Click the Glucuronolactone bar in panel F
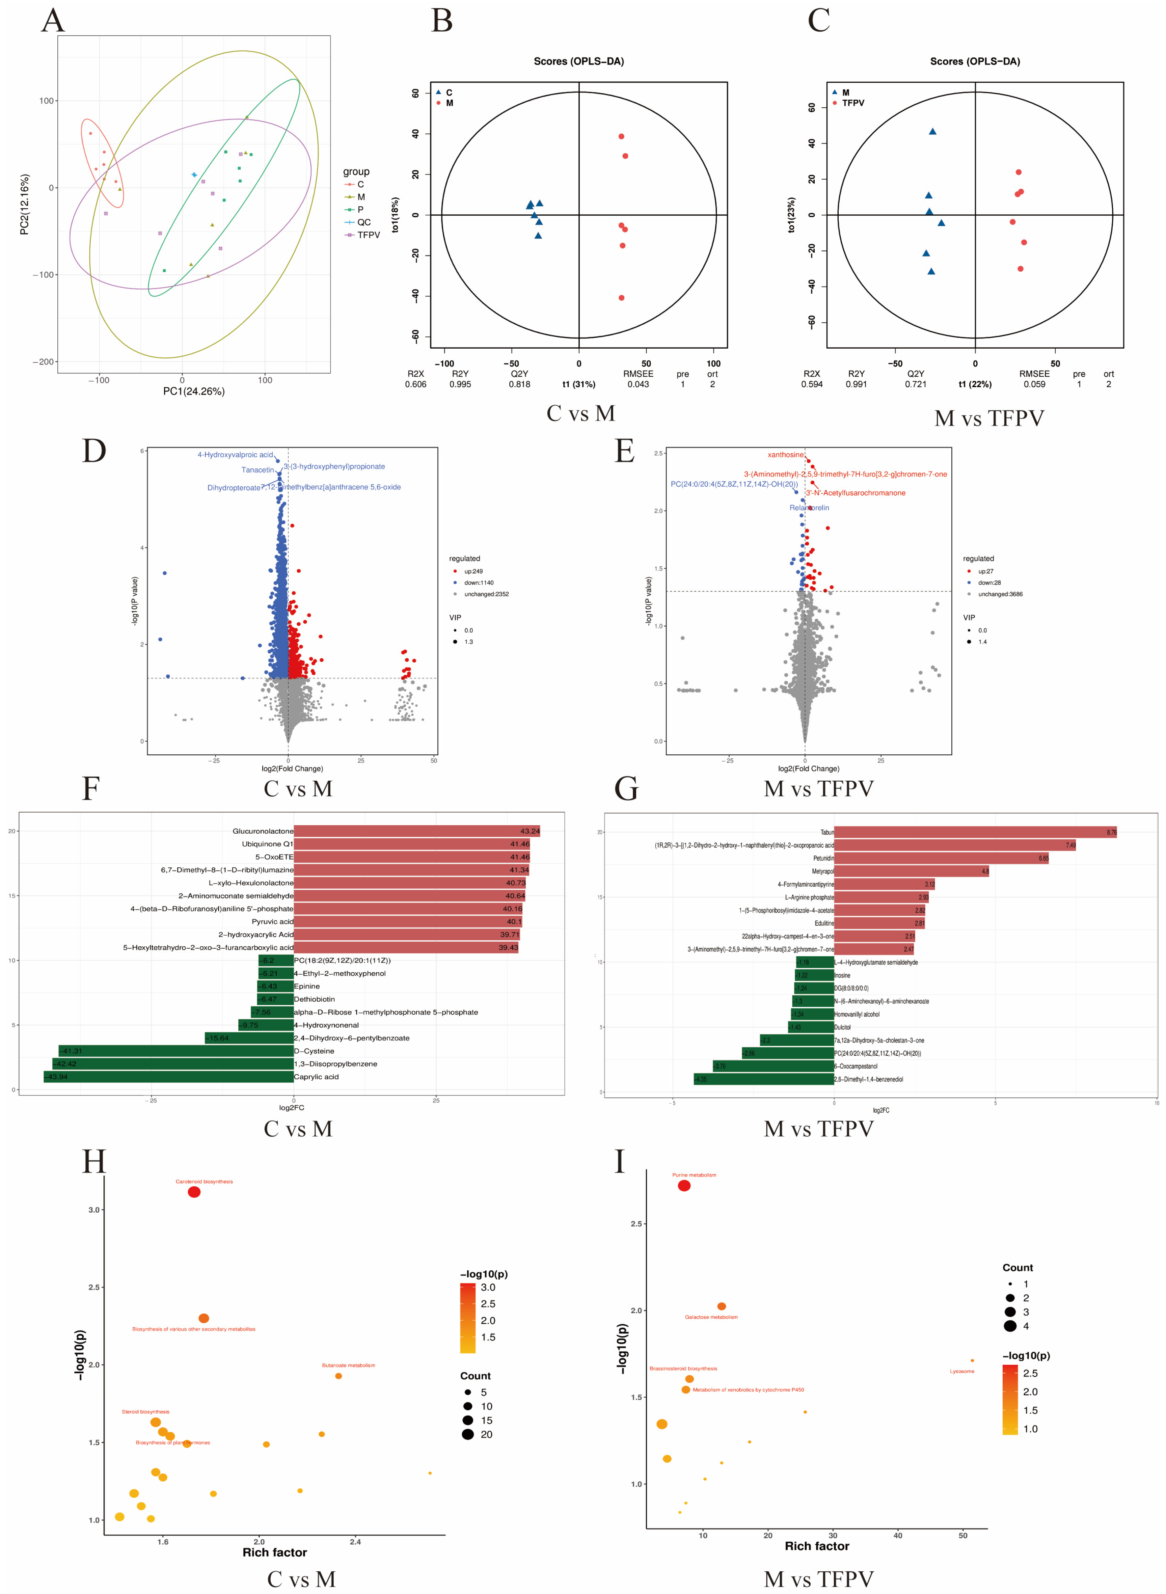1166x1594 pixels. click(416, 831)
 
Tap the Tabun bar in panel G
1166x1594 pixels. click(974, 832)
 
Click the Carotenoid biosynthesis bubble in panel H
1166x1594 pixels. click(194, 1192)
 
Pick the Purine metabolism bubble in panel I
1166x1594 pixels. click(684, 1186)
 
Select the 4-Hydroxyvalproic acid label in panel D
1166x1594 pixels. click(235, 455)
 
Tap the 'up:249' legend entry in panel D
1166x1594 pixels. click(473, 571)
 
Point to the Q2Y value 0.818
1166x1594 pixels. click(519, 384)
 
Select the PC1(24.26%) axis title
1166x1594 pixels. click(193, 391)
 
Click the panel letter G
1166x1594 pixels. click(626, 788)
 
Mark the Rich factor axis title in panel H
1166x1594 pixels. click(275, 1552)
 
